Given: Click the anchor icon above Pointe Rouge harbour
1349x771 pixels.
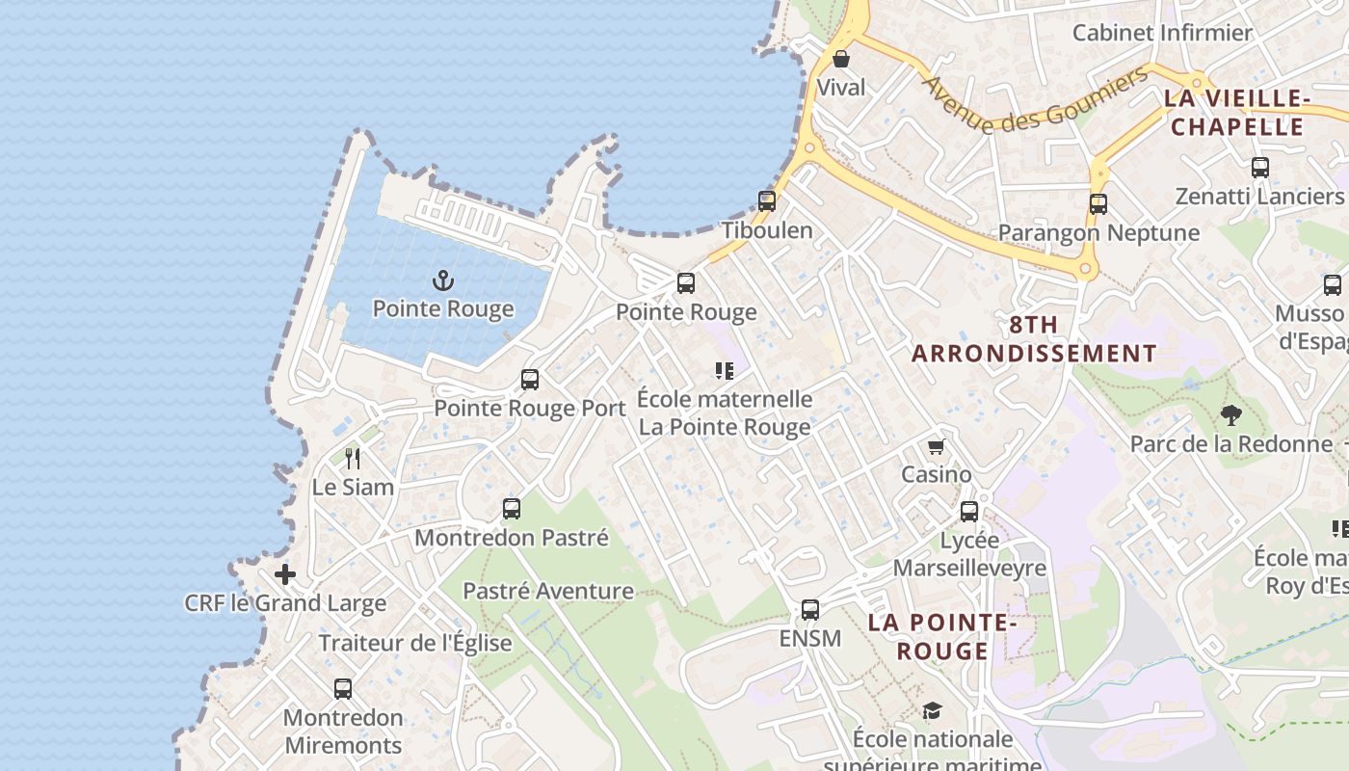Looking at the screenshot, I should coord(442,281).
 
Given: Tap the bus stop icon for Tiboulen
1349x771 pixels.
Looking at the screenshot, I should coord(767,201).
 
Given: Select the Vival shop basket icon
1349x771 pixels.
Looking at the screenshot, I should coord(841,59).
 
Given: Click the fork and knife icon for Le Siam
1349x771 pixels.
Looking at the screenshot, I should coord(353,458).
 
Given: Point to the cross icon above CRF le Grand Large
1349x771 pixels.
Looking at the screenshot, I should coord(285,575).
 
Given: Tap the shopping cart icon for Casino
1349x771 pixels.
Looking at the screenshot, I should coord(936,446).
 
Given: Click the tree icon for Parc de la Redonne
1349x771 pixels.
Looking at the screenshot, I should coord(1230,415).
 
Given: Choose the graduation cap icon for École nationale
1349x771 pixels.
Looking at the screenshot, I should coord(932,711).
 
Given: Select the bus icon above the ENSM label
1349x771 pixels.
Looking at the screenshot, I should coord(810,610).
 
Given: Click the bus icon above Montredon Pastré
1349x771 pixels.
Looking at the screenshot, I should coord(512,509).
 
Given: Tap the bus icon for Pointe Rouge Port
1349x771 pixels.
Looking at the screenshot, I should coord(530,380).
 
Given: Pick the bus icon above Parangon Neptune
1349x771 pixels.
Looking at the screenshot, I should coord(1098,204).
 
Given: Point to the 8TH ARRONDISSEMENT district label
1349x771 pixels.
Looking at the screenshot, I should coord(1034,339).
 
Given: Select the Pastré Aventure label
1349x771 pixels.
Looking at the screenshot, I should coord(548,591).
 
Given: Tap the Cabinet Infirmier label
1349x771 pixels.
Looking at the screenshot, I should coord(1162,33).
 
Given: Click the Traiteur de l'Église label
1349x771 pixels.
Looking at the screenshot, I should coord(415,643).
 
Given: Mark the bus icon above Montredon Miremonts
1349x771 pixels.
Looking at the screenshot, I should coord(343,689).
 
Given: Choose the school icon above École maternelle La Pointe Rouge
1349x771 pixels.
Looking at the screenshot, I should coord(725,371).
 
